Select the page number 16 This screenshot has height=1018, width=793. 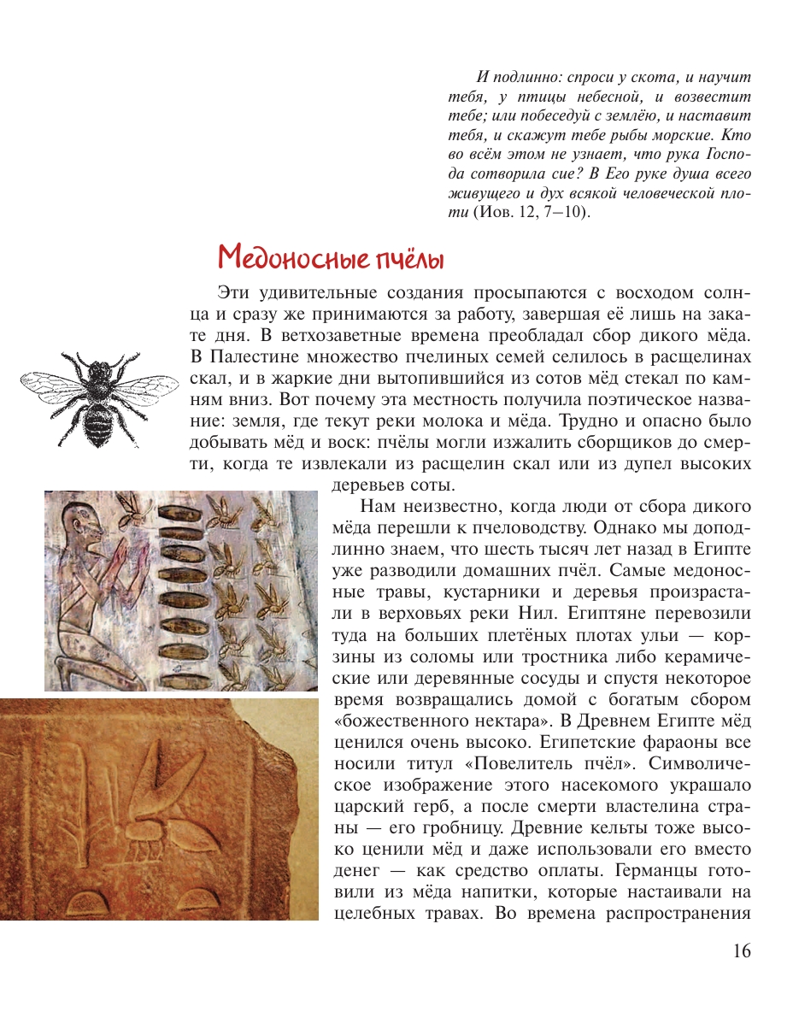[x=741, y=950]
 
